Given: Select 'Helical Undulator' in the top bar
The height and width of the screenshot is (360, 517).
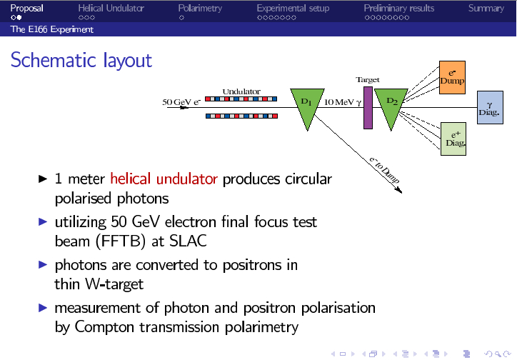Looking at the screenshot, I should pos(111,8).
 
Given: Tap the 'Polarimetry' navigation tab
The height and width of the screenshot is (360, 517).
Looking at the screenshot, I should pos(200,8).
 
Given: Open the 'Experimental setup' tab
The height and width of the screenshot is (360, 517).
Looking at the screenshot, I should pos(293,8).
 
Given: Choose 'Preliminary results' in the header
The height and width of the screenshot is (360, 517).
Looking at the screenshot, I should pos(398,8).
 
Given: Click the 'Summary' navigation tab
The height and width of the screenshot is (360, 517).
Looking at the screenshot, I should pos(486,8).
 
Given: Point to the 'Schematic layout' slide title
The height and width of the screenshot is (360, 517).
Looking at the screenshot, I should pos(81,60).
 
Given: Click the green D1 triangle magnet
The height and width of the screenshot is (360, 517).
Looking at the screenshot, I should pos(306,107).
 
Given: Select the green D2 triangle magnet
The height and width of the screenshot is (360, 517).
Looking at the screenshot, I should pos(392,107).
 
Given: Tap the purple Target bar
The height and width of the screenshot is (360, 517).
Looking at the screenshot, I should pos(368,108).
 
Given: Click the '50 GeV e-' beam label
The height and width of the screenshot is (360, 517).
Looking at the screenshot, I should pos(182,101).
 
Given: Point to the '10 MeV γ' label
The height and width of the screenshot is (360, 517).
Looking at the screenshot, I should pos(343,101).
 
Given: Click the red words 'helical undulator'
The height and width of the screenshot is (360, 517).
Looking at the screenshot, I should pos(165,179).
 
